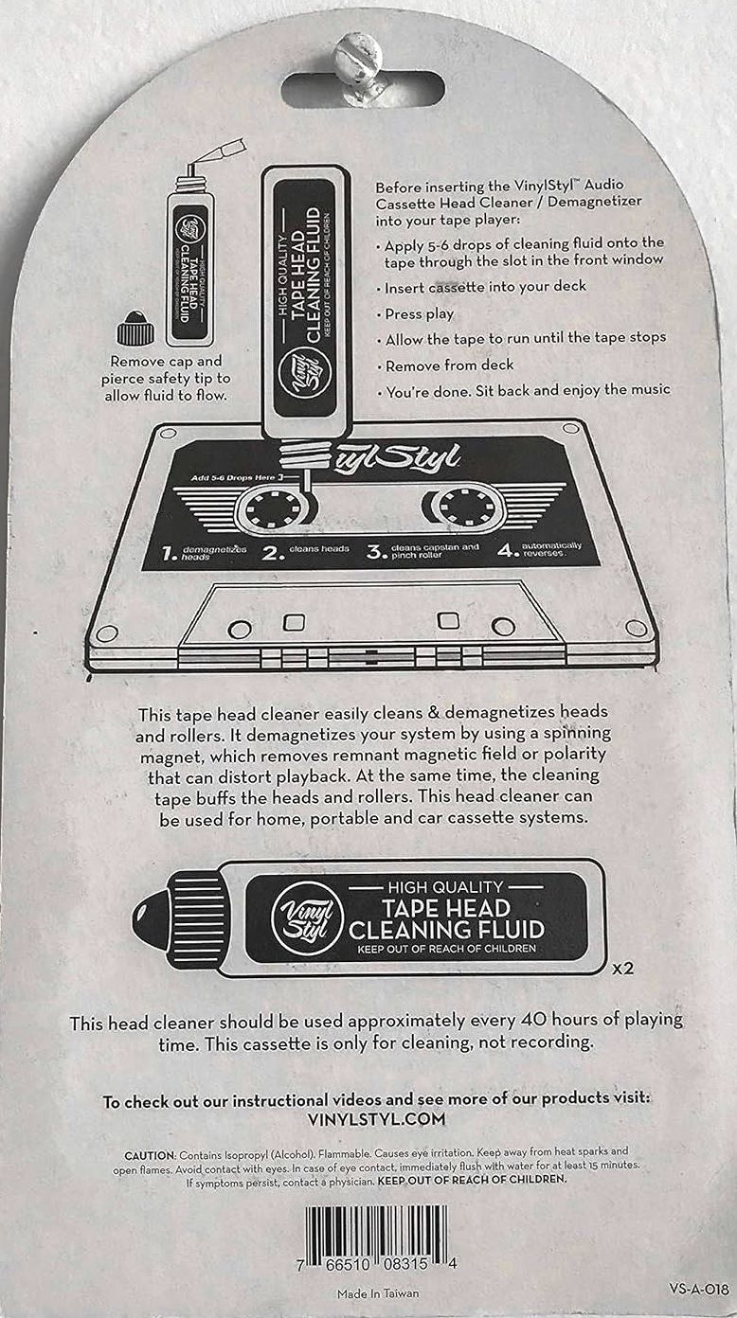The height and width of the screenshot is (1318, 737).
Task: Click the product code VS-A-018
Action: [x=699, y=1288]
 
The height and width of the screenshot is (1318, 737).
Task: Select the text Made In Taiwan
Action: [x=378, y=1292]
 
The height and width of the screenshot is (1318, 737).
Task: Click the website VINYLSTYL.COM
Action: [x=376, y=1118]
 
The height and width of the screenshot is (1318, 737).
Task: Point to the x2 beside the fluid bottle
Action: [x=622, y=968]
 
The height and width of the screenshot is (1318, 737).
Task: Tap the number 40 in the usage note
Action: [x=533, y=1019]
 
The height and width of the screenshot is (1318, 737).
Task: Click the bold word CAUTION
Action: [x=150, y=1155]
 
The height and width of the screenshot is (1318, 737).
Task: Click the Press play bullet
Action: [x=415, y=314]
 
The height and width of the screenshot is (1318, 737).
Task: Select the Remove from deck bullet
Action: [x=445, y=365]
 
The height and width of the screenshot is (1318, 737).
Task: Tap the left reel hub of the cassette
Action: [x=273, y=508]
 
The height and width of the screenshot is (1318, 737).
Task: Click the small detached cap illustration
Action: [x=135, y=329]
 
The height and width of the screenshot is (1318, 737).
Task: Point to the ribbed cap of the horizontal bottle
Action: [x=196, y=918]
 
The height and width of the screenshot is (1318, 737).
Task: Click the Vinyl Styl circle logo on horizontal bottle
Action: [x=307, y=917]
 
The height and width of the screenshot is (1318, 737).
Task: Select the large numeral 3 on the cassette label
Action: [x=375, y=551]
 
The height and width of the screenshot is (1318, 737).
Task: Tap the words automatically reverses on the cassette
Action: [x=551, y=549]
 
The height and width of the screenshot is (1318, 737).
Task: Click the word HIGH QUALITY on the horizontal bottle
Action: [x=445, y=886]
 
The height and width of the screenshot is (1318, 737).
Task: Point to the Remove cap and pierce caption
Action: [x=166, y=379]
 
